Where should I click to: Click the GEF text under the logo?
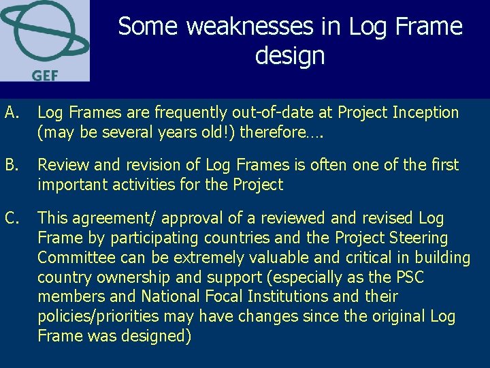[x=44, y=74]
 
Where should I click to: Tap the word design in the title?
[x=290, y=55]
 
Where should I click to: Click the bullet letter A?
[x=11, y=112]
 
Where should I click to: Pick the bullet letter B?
[x=11, y=165]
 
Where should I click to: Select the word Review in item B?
[x=61, y=165]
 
